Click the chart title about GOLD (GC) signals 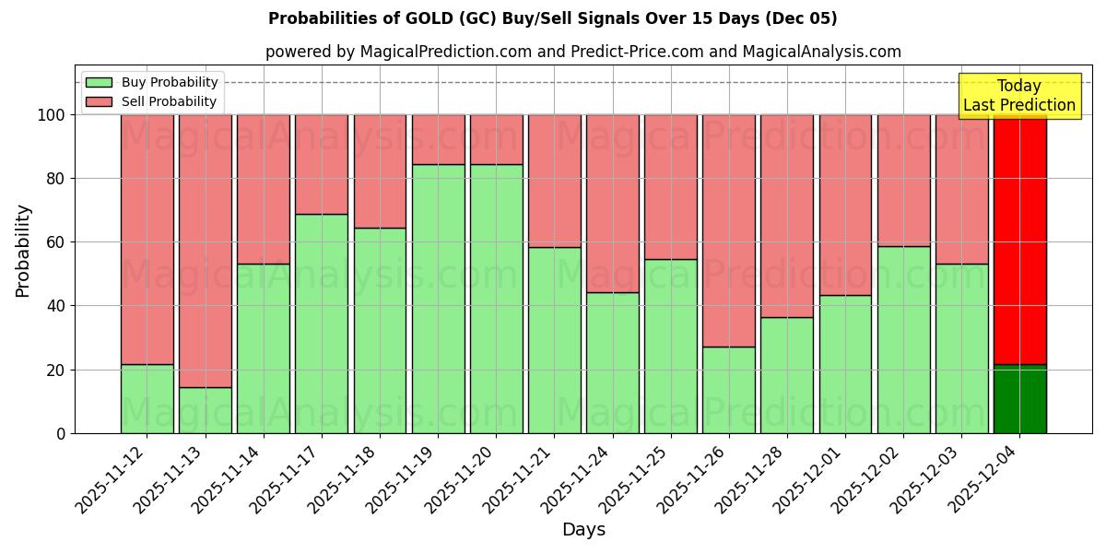click(x=553, y=18)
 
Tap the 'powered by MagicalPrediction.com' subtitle click(x=582, y=52)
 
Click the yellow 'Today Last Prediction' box click(x=1019, y=96)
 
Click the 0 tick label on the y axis click(x=61, y=433)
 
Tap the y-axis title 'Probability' click(x=23, y=251)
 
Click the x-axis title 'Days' click(x=583, y=530)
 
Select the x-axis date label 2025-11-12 click(x=112, y=477)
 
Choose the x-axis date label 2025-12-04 click(x=985, y=477)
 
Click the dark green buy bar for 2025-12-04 click(x=1019, y=399)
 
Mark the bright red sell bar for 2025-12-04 click(x=1019, y=240)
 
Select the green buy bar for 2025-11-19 click(x=438, y=300)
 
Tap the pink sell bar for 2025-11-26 click(x=728, y=230)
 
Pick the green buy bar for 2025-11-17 click(x=322, y=323)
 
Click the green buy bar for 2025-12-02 click(x=903, y=339)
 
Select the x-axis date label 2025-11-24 click(x=578, y=477)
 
